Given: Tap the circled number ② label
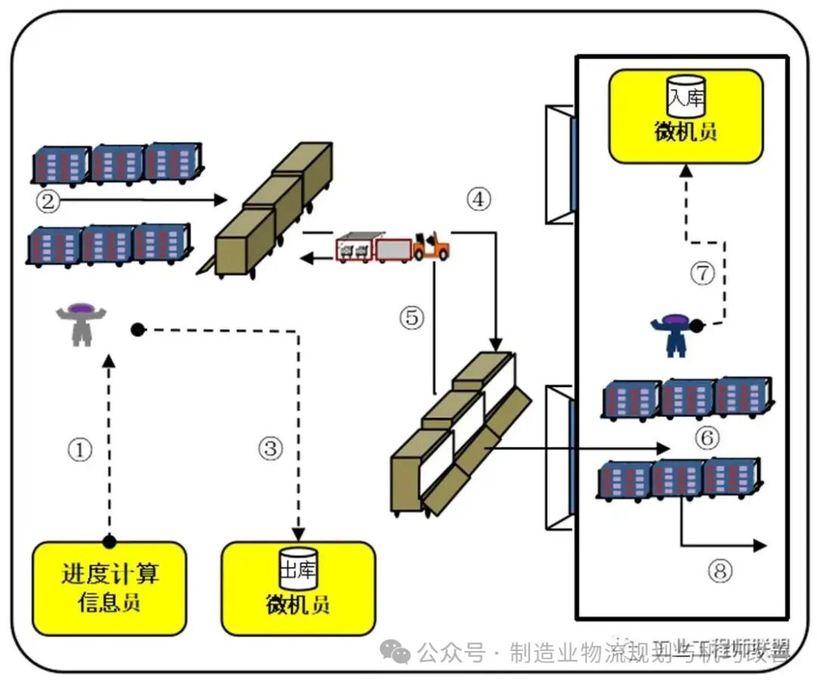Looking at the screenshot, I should click(x=47, y=200).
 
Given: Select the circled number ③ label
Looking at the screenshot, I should click(x=270, y=449).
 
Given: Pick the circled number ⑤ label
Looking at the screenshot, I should click(x=412, y=318).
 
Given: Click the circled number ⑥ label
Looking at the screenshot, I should click(x=707, y=437).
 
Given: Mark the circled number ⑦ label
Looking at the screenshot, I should click(x=702, y=273).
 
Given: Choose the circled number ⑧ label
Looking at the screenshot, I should click(x=719, y=572).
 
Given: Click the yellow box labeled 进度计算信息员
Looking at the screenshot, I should click(x=110, y=587).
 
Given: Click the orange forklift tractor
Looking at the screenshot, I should click(x=431, y=246).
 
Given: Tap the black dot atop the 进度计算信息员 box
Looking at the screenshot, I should click(x=110, y=541).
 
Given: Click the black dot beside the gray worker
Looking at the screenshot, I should click(x=137, y=330).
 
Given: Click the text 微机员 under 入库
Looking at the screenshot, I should click(x=685, y=132).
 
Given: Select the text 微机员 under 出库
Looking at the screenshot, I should click(x=298, y=606).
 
